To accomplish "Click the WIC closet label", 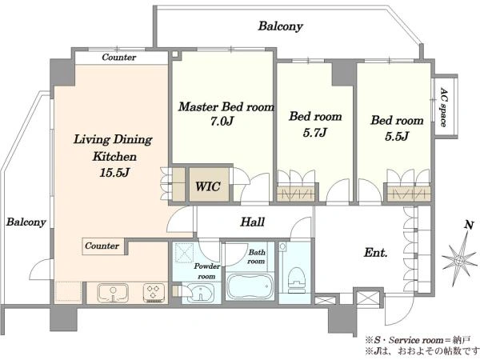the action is click(x=208, y=186).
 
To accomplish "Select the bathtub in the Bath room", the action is click(x=250, y=287).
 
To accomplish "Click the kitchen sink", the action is click(x=113, y=294).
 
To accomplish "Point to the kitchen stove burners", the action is click(x=154, y=293).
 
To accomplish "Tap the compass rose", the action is click(x=459, y=261).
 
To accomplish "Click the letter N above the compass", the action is click(x=469, y=225).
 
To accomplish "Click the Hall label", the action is click(x=253, y=222).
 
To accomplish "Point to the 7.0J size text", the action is click(x=222, y=122).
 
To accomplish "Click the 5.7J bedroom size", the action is click(x=315, y=132).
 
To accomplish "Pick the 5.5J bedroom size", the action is click(x=397, y=136).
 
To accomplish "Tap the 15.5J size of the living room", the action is click(x=114, y=173).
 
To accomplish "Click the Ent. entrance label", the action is click(x=376, y=253).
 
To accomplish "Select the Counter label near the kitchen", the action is click(x=102, y=246).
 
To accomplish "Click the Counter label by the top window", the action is click(x=118, y=58).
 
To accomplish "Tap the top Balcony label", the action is click(x=281, y=26).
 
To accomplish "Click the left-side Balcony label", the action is click(x=26, y=222).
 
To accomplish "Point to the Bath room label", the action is click(x=257, y=257).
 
